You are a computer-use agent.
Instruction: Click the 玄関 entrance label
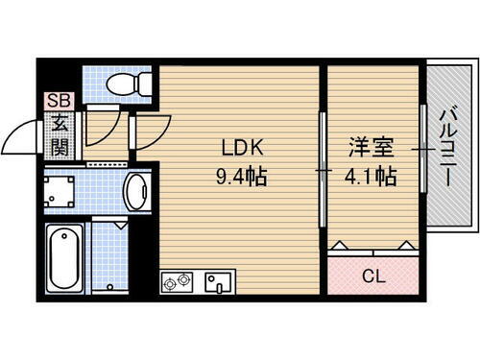pos(58,134)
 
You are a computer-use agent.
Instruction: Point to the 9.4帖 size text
pos(241,177)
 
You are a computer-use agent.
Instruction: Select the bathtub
pos(65,257)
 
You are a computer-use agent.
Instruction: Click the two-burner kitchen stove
pos(178,283)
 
